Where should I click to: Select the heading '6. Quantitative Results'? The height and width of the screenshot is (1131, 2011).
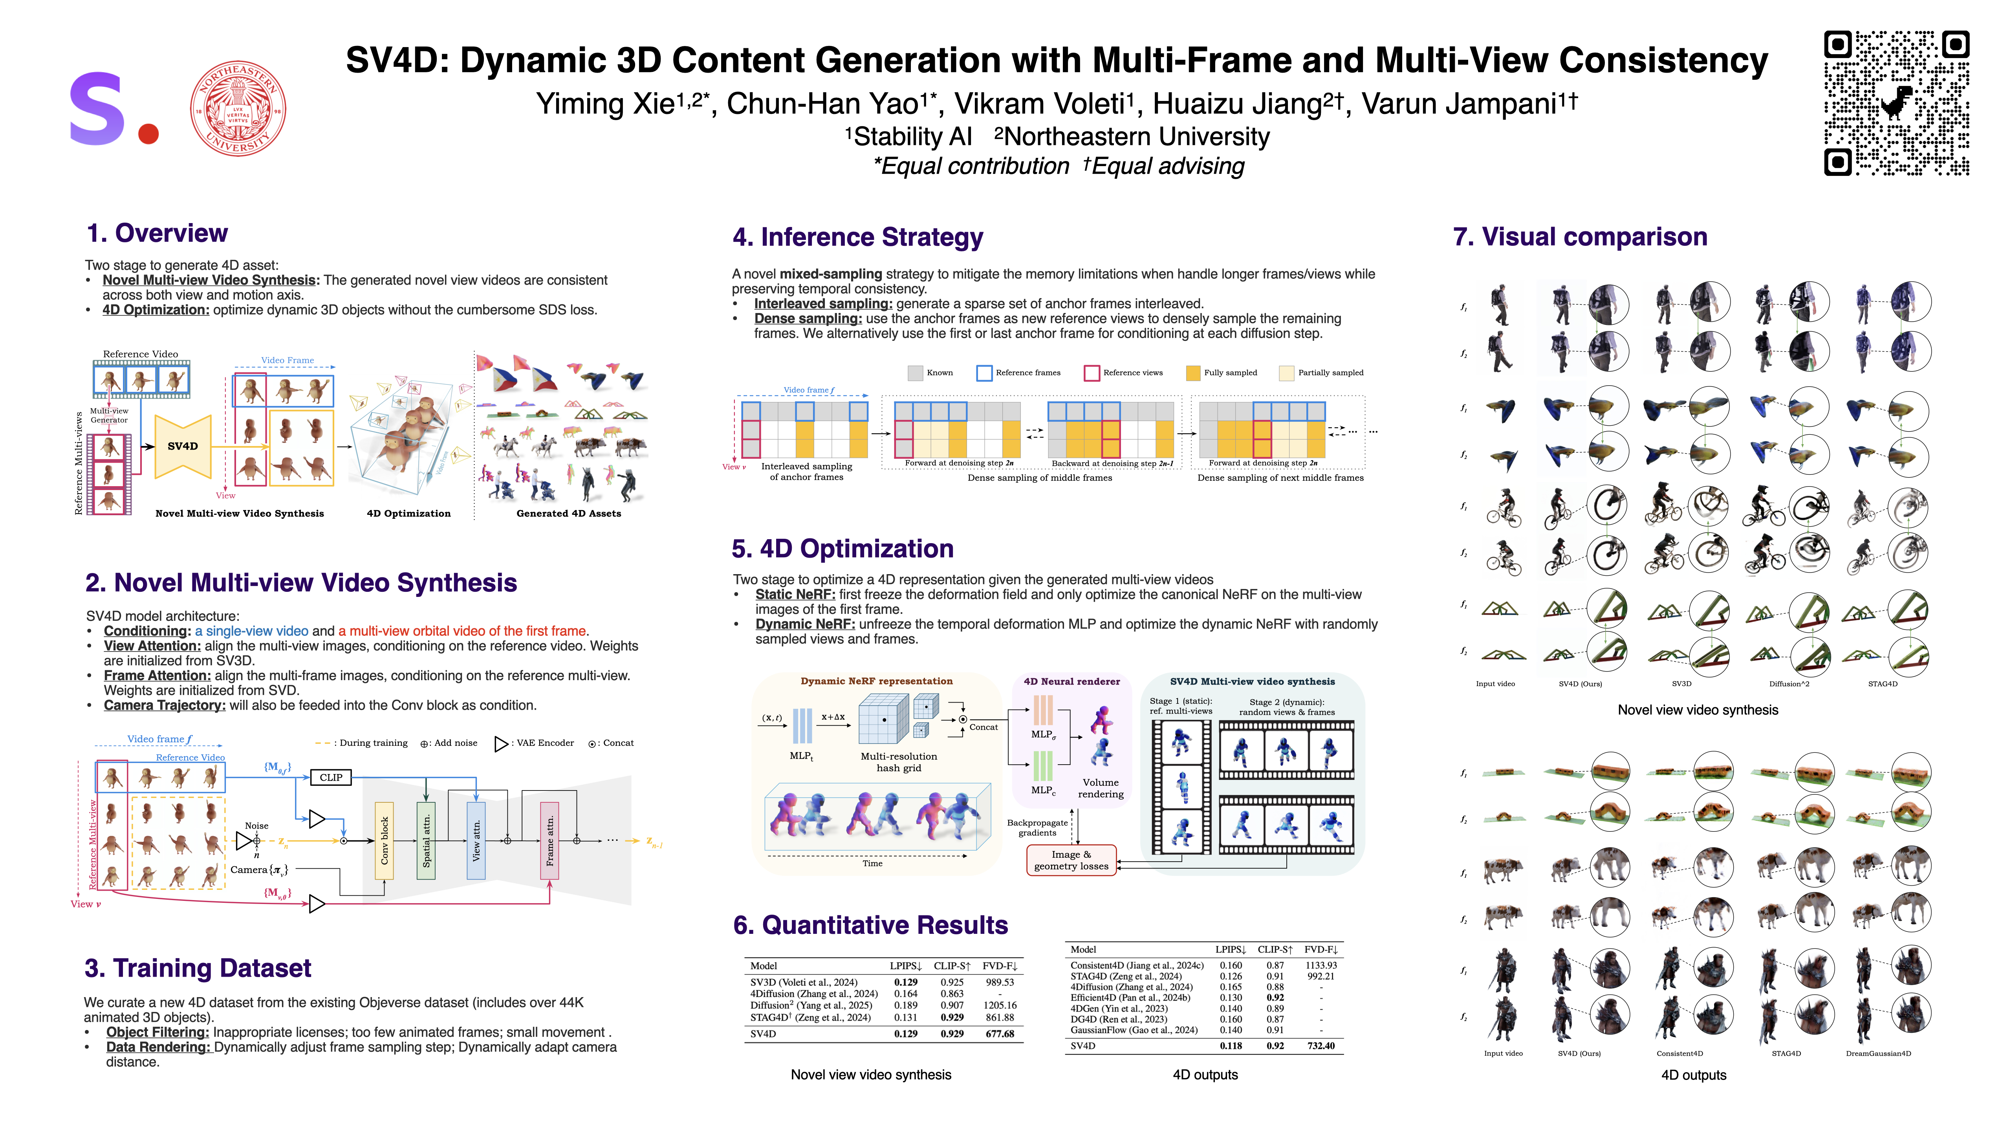pos(870,925)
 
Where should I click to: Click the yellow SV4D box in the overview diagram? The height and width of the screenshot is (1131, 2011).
pos(183,447)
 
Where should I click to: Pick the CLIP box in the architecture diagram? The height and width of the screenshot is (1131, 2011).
pos(331,778)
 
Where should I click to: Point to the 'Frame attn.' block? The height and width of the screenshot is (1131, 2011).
pos(550,841)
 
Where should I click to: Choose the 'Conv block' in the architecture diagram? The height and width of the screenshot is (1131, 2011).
pos(384,841)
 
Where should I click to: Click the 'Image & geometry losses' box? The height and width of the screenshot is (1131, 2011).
pos(1071,860)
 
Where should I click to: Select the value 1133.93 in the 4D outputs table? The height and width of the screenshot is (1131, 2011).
pos(1321,966)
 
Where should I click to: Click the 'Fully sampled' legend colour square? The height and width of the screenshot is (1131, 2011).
pos(1193,373)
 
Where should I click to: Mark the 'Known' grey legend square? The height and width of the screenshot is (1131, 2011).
pos(915,373)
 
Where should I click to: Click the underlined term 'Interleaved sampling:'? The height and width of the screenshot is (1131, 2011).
pos(823,304)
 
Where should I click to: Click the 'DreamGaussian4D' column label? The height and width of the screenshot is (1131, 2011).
pos(1878,1054)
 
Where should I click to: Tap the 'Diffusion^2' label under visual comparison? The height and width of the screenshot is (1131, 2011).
pos(1789,684)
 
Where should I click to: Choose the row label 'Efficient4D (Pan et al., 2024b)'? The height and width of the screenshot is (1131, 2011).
pos(1130,997)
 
